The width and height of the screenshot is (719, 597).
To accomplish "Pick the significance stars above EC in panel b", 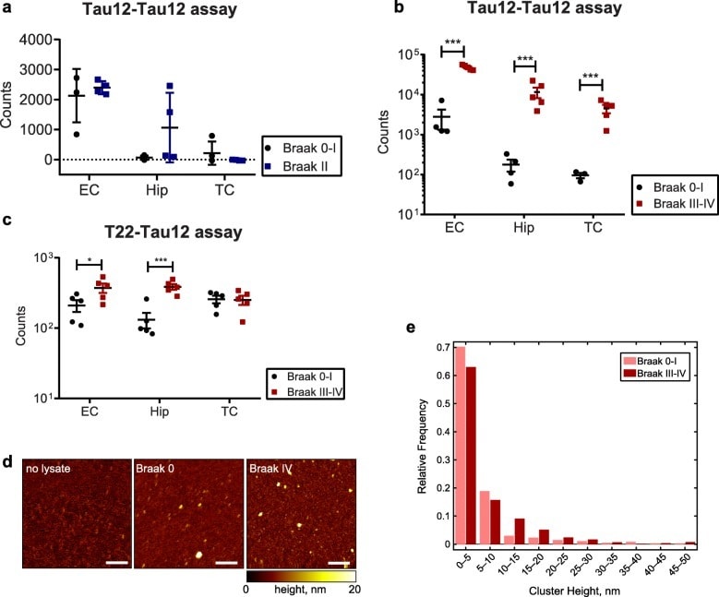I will [452, 42].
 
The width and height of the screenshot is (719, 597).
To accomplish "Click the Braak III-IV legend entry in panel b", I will [665, 201].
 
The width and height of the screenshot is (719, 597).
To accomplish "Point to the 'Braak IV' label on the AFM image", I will [269, 468].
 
